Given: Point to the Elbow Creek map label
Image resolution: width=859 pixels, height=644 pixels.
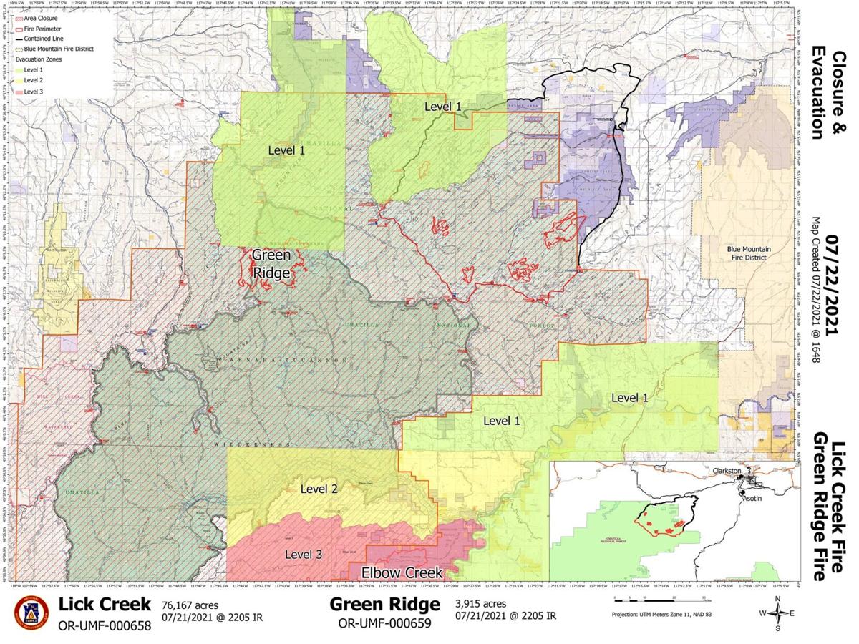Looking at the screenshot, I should pos(401,572).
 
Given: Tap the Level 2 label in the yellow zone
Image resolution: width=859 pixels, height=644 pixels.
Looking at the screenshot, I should pos(319,489).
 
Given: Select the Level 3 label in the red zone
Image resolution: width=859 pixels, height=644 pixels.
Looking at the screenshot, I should pos(303,555).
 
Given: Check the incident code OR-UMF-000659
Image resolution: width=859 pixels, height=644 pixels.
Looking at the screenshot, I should pos(384,623).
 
